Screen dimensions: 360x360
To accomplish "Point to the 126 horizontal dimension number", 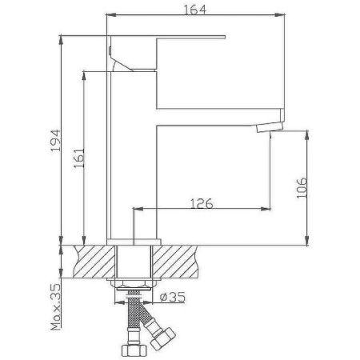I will point(200,204).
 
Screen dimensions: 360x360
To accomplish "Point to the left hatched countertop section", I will point(92,262).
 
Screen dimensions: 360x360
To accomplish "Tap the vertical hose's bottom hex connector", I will point(133,349).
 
